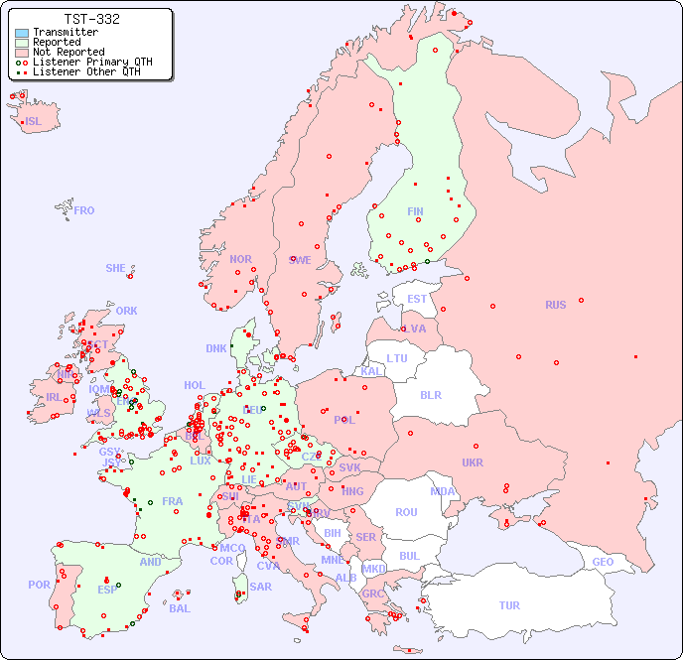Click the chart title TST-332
tap(91, 19)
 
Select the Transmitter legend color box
tap(22, 33)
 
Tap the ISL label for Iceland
tap(34, 122)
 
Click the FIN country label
tap(415, 211)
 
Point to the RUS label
tap(555, 305)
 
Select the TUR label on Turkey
tap(509, 605)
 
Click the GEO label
tap(603, 562)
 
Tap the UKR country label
tap(473, 462)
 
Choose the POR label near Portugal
tap(39, 585)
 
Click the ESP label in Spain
tap(107, 590)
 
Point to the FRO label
tap(84, 210)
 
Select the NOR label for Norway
tap(240, 259)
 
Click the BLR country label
tap(430, 394)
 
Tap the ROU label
tap(406, 512)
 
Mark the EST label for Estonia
tap(417, 299)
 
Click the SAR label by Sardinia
tap(261, 587)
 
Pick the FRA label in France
tap(173, 501)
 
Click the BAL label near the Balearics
tap(180, 608)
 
